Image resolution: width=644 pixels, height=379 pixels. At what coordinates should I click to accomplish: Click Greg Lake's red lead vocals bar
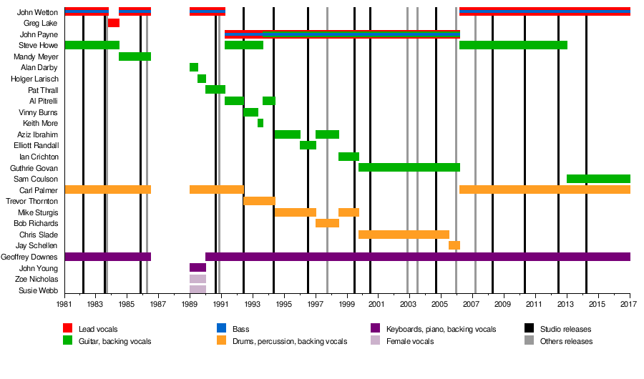pyautogui.click(x=114, y=23)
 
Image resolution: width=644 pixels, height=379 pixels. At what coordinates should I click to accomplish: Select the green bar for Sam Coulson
pyautogui.click(x=598, y=179)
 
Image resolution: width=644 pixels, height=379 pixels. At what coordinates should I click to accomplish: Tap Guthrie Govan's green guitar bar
pyautogui.click(x=409, y=167)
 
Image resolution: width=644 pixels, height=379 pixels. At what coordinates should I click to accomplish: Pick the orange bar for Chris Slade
pyautogui.click(x=404, y=235)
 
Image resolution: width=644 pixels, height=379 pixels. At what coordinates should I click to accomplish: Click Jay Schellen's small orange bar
pyautogui.click(x=454, y=245)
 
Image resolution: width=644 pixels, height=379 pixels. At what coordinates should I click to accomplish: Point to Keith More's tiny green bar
pyautogui.click(x=260, y=123)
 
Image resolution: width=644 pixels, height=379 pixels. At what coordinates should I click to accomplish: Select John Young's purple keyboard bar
pyautogui.click(x=197, y=267)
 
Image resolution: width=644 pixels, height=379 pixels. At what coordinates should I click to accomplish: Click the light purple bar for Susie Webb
pyautogui.click(x=197, y=290)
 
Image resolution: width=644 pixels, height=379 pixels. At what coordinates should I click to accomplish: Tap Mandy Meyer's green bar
pyautogui.click(x=135, y=56)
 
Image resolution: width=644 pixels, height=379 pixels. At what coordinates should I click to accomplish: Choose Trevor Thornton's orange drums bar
pyautogui.click(x=259, y=201)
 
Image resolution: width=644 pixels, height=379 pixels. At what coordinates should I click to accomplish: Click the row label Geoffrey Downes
pyautogui.click(x=30, y=257)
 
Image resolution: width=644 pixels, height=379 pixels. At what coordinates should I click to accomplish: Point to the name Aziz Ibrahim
pyautogui.click(x=38, y=134)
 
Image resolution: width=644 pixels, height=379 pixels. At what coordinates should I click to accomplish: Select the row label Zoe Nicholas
pyautogui.click(x=39, y=279)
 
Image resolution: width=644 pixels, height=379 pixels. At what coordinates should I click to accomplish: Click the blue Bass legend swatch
pyautogui.click(x=221, y=329)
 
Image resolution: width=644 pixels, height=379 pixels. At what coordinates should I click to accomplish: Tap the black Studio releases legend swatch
pyautogui.click(x=529, y=329)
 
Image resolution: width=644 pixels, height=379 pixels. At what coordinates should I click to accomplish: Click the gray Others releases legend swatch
pyautogui.click(x=529, y=341)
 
